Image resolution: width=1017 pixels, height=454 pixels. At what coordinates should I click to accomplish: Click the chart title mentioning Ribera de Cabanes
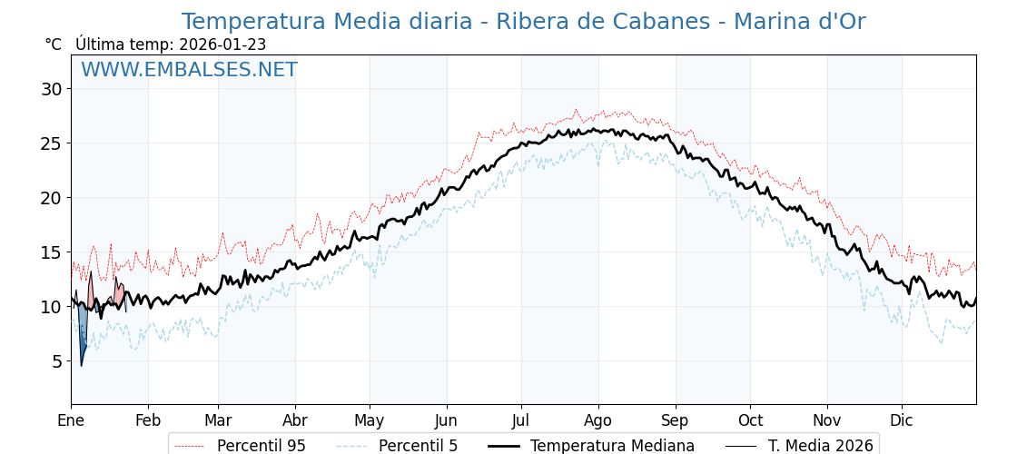coord(523,22)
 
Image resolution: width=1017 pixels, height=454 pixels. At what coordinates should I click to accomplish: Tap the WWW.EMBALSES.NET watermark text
coord(189,70)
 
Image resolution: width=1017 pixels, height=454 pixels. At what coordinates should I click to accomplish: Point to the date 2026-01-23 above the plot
coord(222,44)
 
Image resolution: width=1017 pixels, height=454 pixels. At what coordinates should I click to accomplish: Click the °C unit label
coord(53,44)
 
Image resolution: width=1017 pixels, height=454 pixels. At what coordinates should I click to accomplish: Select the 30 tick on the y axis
coord(51,89)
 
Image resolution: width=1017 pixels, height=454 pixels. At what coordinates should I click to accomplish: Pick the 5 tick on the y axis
coord(56,361)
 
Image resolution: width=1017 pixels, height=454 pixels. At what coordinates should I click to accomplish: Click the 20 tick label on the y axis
coord(51,198)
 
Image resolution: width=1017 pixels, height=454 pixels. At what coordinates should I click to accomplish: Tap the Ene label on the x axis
coord(71,420)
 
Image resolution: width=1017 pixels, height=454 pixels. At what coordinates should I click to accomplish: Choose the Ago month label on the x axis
coord(598,420)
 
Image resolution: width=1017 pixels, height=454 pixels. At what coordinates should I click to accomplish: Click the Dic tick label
coord(902,420)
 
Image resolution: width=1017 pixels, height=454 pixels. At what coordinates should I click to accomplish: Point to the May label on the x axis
coord(370,420)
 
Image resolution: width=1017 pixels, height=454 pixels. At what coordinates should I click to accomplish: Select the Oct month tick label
coord(750,420)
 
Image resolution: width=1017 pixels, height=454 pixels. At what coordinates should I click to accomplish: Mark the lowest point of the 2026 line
coord(81,365)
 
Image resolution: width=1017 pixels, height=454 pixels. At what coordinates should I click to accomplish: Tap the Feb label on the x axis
coord(148,420)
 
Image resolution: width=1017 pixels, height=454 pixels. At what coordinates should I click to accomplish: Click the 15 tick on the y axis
coord(51,252)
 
